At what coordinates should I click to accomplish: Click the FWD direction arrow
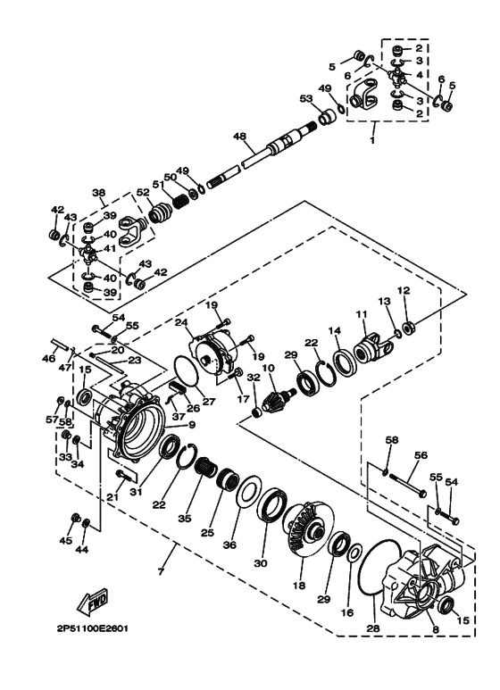95,606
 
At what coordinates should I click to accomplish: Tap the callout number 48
239,137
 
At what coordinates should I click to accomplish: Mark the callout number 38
99,193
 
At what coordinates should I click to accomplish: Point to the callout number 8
436,630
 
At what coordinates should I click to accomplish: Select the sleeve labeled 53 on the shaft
328,115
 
